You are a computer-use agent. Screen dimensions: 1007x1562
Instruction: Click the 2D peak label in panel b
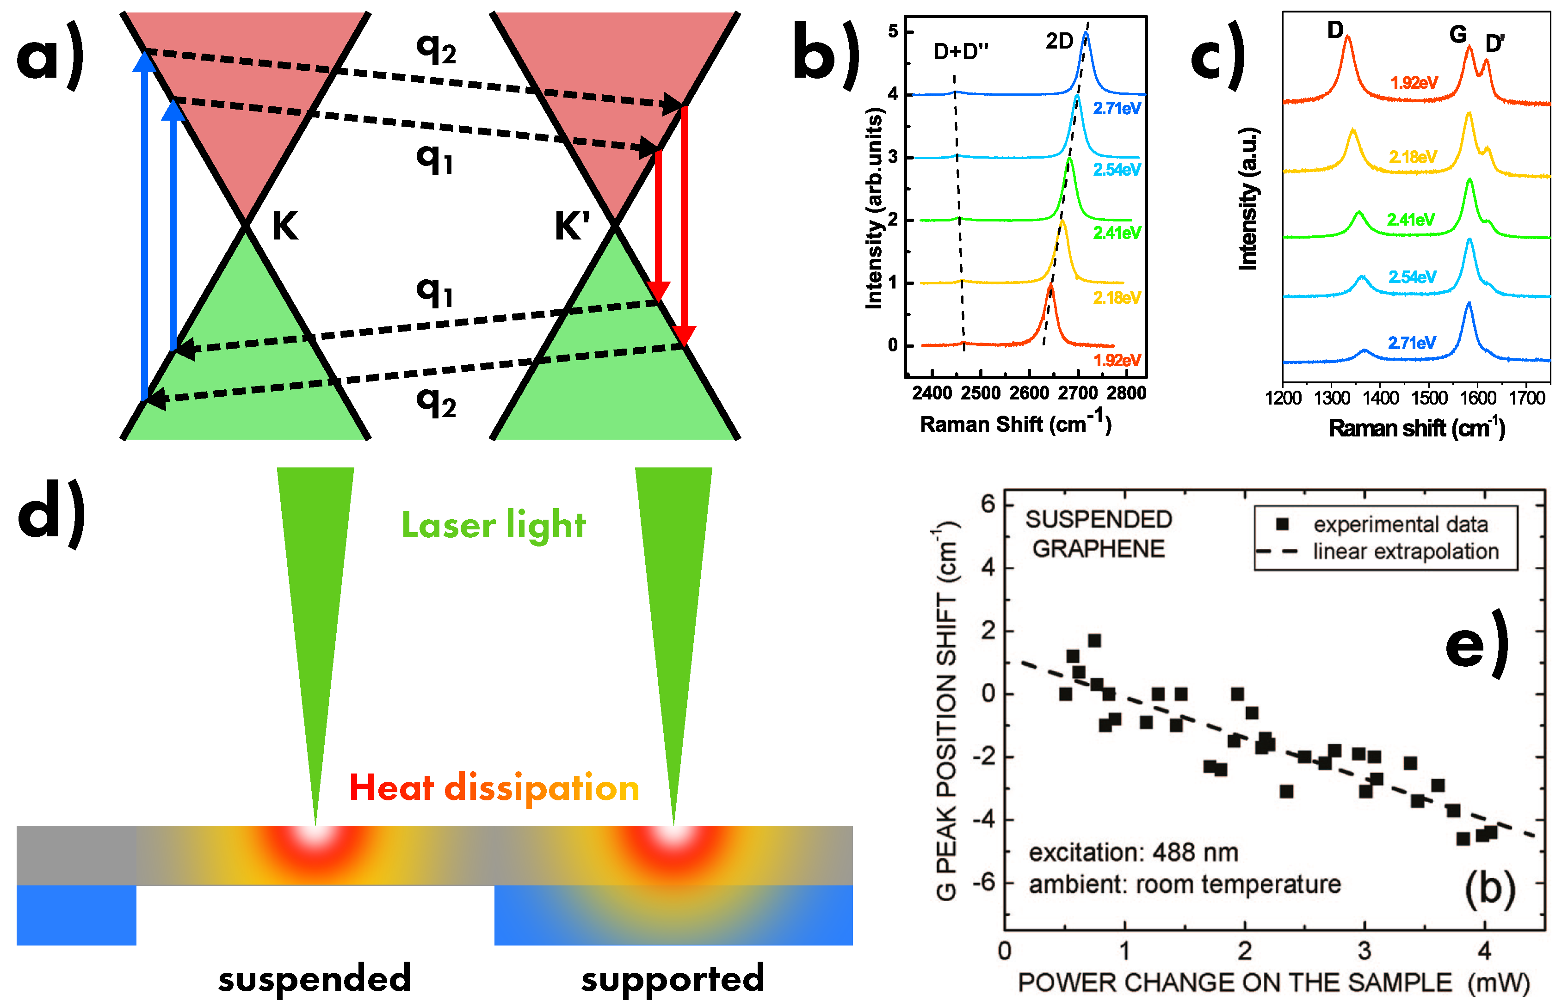[1059, 41]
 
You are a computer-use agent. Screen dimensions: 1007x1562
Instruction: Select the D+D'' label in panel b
[960, 51]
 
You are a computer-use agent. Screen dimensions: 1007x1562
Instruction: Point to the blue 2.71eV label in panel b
[1117, 109]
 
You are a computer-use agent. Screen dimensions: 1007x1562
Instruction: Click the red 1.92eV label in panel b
[1117, 360]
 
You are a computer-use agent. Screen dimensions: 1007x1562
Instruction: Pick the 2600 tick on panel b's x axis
[1029, 393]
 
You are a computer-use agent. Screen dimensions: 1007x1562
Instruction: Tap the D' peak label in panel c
[1494, 44]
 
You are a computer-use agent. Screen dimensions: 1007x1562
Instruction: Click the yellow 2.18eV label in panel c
[1413, 157]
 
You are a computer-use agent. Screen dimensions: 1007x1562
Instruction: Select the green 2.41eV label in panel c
[1411, 220]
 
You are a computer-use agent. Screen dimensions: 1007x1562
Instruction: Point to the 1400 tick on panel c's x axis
[1380, 398]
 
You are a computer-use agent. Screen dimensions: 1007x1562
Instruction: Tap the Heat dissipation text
[494, 787]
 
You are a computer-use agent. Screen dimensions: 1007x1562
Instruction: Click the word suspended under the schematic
[315, 978]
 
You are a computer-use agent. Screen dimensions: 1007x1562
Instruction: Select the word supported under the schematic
[673, 978]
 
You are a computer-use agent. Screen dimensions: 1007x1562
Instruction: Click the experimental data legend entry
[1400, 524]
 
